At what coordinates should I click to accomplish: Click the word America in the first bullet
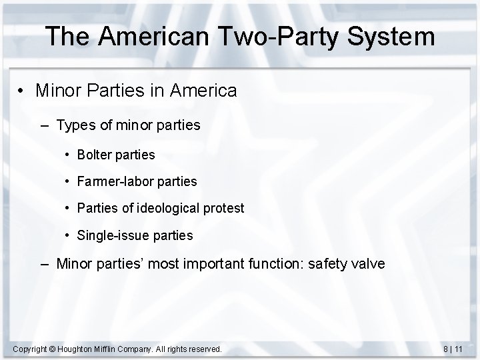[203, 91]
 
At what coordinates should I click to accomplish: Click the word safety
[325, 263]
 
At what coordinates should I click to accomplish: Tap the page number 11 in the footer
[459, 349]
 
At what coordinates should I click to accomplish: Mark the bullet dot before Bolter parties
[69, 155]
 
